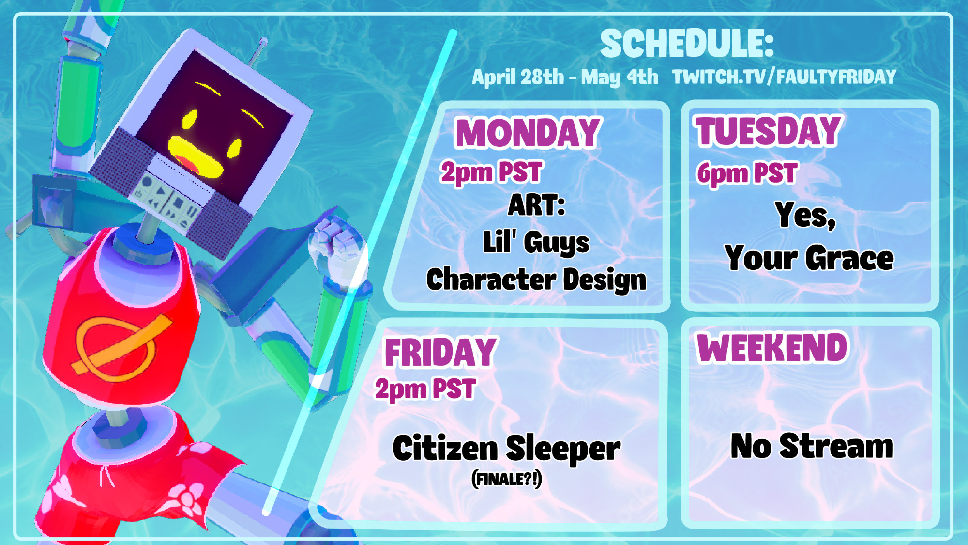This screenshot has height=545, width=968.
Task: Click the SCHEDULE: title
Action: tap(687, 43)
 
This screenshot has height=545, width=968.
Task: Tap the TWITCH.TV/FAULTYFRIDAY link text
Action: tap(784, 77)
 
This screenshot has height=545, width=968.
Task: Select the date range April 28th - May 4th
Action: tap(565, 77)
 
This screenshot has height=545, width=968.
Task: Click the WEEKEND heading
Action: tap(772, 347)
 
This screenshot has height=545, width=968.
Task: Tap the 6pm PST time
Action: tap(747, 173)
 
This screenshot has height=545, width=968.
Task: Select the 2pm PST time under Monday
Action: tap(491, 172)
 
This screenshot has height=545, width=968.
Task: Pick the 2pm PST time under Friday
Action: tap(425, 389)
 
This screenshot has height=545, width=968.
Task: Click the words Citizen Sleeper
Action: tap(506, 448)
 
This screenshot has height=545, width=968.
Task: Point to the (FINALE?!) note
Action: tap(506, 479)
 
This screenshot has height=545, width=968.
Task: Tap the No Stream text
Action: tap(812, 446)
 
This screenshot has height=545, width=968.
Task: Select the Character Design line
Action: tap(536, 280)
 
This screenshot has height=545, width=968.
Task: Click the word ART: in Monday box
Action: tap(536, 205)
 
